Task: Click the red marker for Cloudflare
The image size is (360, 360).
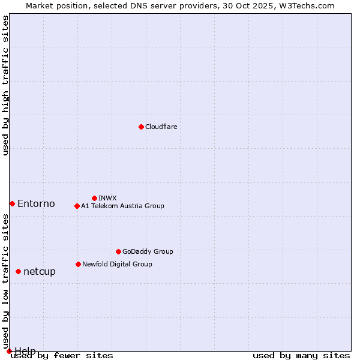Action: point(141,127)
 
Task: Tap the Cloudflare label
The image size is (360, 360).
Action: point(161,127)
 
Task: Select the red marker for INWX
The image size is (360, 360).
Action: point(94,198)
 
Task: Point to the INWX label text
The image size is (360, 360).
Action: point(107,198)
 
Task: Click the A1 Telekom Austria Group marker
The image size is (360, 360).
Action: point(77,206)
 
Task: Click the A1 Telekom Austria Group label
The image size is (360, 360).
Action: point(122,206)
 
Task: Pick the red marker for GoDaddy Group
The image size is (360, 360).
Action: point(118,251)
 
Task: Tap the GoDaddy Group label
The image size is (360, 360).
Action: point(148,251)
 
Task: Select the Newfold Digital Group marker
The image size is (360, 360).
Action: point(78,264)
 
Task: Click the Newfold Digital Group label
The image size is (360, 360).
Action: point(117,264)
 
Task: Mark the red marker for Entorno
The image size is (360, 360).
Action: point(12,203)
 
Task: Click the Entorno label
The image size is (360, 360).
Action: point(36,203)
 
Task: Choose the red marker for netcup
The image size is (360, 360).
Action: point(18,271)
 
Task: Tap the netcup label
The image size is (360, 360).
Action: point(40,271)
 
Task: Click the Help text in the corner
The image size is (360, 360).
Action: point(25,350)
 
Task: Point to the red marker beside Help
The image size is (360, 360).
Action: point(9,351)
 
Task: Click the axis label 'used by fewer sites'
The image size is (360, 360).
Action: point(62,355)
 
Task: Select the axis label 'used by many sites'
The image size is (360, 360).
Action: point(301,355)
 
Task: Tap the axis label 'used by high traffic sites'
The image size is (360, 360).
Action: point(5,85)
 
